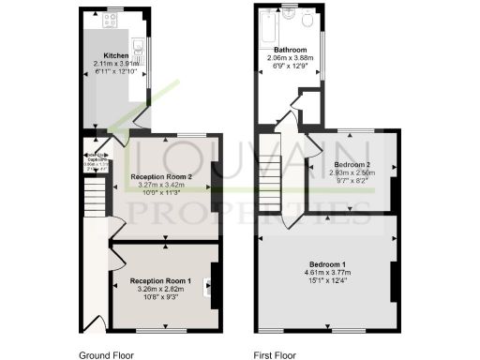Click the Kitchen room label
coord(115,55)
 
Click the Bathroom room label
coord(290,49)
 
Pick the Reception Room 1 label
coord(161,280)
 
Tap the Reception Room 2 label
coord(161,176)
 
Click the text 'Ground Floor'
coord(107,355)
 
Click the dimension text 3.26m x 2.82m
coord(161,289)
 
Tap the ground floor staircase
coord(93,198)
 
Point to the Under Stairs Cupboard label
coord(93,159)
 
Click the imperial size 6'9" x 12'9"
coord(290,66)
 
